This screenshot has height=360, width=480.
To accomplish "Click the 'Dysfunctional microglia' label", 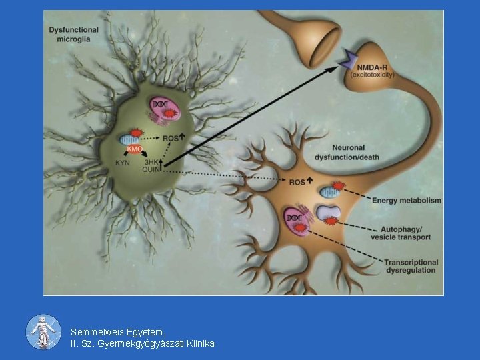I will click(x=73, y=34).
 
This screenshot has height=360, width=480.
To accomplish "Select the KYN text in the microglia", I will click(x=123, y=163).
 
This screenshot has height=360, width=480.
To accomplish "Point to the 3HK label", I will click(x=153, y=161).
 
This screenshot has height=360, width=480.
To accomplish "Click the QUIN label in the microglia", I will click(x=152, y=169).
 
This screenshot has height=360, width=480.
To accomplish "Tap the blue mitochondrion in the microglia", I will click(x=129, y=139).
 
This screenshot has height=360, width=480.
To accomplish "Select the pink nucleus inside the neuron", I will click(x=295, y=218).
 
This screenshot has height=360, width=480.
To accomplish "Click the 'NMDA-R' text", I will click(x=371, y=67).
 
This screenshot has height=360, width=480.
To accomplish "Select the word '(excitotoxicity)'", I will click(x=372, y=75).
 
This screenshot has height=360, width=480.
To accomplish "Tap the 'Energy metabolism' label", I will click(x=406, y=200).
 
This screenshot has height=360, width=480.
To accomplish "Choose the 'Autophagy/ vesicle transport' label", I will click(x=400, y=233).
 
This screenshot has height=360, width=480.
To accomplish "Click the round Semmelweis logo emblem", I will click(x=43, y=331).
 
